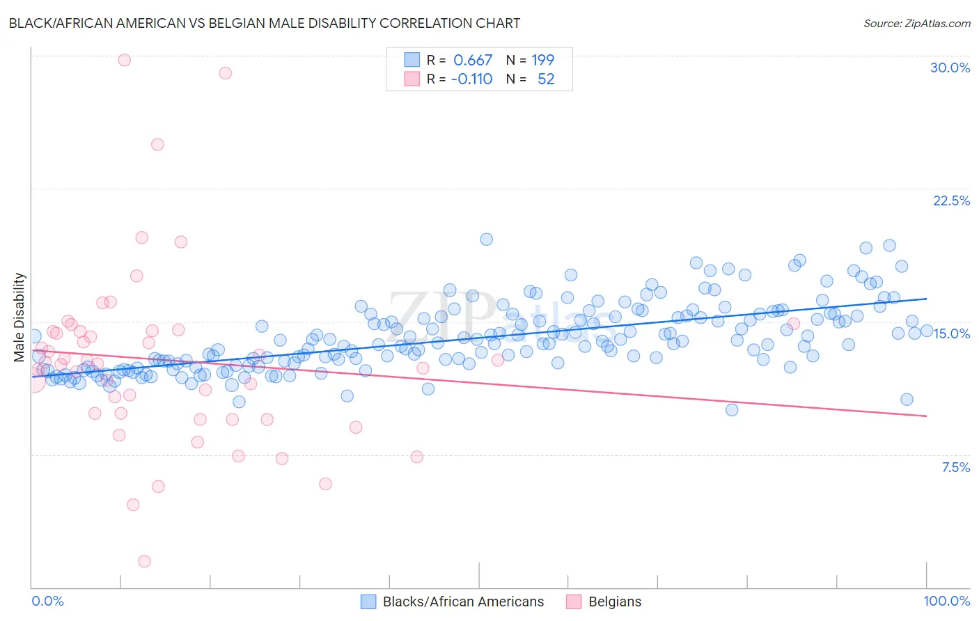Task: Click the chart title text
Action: (x=265, y=23)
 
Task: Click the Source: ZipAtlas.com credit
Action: (x=916, y=23)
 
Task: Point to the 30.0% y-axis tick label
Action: (x=950, y=68)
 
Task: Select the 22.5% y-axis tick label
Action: (x=951, y=201)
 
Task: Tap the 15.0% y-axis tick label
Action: (x=951, y=333)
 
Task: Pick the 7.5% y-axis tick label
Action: (x=955, y=467)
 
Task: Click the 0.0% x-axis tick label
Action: (x=47, y=601)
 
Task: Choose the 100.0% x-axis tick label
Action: (x=946, y=601)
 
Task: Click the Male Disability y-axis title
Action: (x=19, y=317)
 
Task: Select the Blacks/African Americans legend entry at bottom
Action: (x=463, y=602)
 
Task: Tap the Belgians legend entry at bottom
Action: (x=614, y=602)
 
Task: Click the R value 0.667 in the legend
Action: (x=473, y=60)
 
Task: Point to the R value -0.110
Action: (x=471, y=79)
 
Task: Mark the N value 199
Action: (x=543, y=60)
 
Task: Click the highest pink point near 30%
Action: (x=124, y=60)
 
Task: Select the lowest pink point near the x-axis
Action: (x=144, y=561)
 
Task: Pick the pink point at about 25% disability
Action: (x=157, y=145)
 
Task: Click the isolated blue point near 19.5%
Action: (x=487, y=239)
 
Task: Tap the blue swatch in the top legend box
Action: (x=412, y=60)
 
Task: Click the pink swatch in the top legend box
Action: (x=412, y=79)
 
